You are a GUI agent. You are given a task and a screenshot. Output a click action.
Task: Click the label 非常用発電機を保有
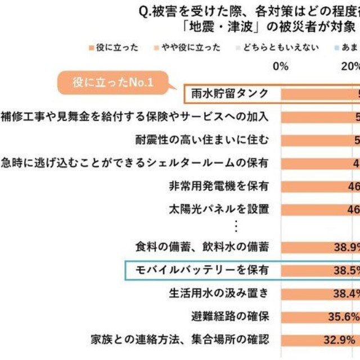218,185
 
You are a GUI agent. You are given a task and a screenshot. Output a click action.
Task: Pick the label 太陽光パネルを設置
218,209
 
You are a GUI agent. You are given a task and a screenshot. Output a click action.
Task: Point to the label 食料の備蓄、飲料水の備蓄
202,247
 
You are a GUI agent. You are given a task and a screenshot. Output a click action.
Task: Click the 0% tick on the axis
280,66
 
